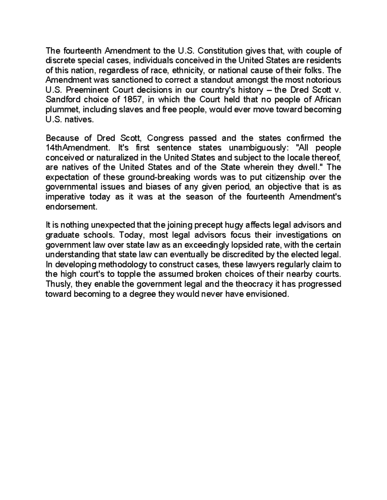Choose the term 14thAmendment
[78, 148]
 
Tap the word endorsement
[71, 207]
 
